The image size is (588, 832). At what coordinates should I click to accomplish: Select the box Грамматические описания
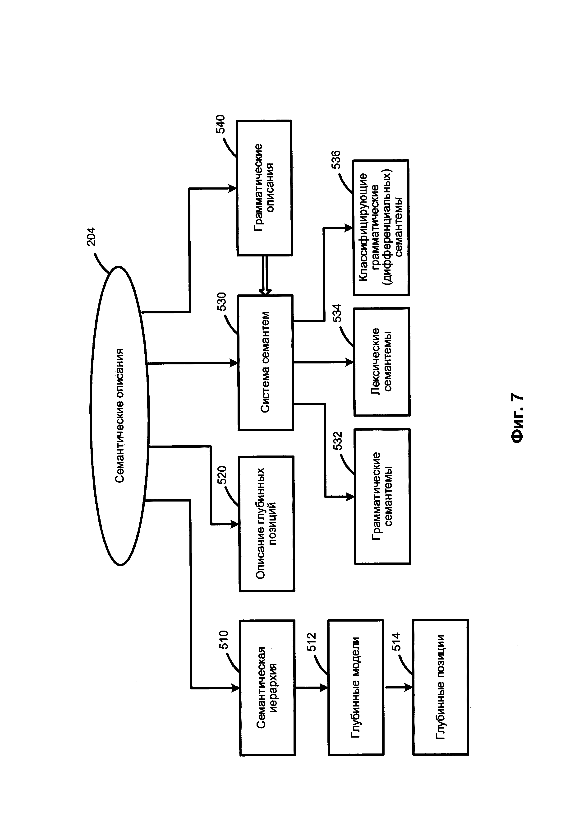pos(264,188)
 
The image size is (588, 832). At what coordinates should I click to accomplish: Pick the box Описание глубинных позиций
pos(266,524)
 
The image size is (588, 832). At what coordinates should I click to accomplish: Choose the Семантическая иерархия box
pos(267,688)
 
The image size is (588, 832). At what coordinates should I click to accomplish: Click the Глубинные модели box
pos(356,688)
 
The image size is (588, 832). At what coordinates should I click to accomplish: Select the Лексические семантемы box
pos(382,362)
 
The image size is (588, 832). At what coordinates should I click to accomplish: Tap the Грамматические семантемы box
pos(382,497)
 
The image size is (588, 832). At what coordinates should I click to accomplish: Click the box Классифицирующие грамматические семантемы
pos(381,228)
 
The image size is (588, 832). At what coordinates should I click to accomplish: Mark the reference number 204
pos(91,237)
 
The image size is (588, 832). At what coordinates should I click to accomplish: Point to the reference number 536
pos(336,159)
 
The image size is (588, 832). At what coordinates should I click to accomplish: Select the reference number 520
pos(222,475)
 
